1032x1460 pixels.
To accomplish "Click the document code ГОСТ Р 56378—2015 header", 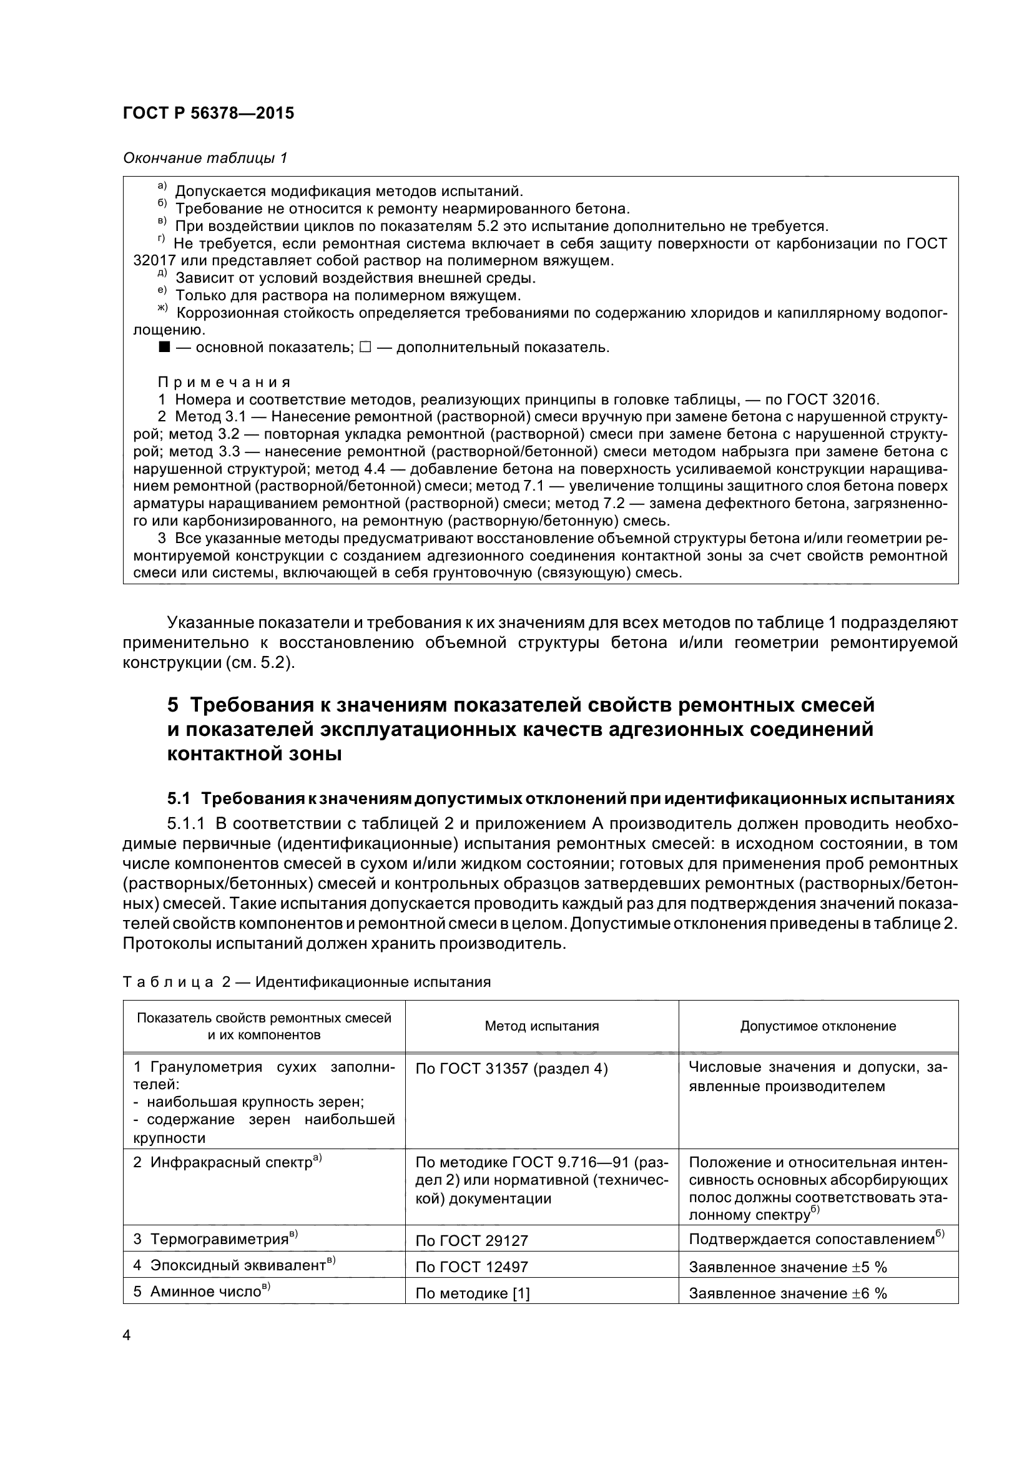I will [x=208, y=114].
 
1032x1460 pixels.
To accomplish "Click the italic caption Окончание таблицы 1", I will [x=205, y=158].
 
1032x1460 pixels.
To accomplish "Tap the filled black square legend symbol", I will [x=164, y=347].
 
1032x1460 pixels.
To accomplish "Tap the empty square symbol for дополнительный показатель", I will [x=365, y=347].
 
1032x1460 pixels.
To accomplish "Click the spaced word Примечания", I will [x=224, y=382].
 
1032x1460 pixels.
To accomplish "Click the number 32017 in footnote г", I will [x=152, y=261].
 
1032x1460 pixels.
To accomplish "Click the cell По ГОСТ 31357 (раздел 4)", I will [x=511, y=1069].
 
